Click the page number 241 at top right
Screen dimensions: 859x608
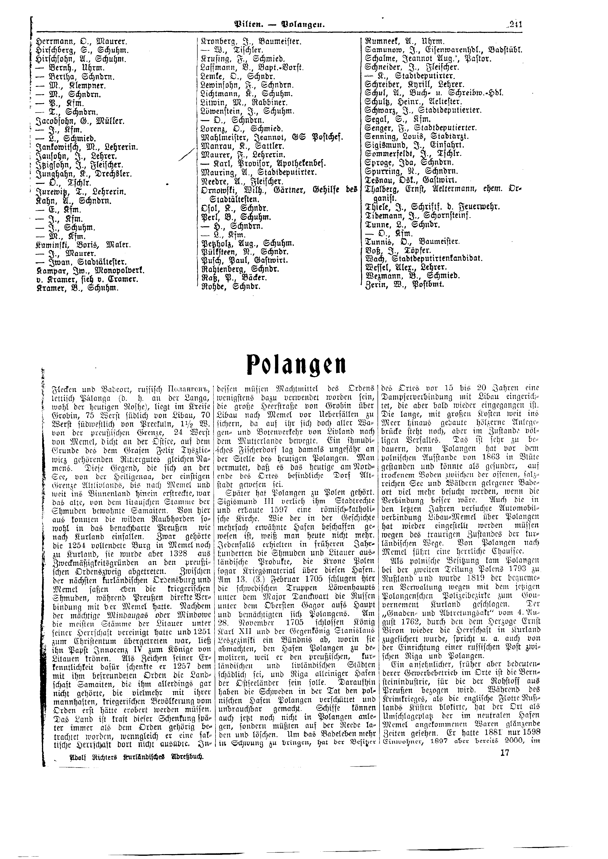click(x=516, y=25)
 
